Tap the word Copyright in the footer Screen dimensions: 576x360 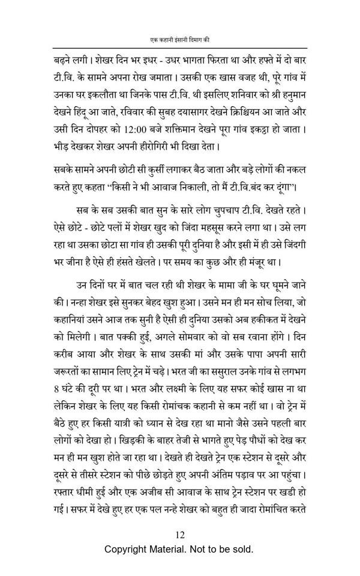(128, 550)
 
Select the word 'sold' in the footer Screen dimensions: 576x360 (242, 550)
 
